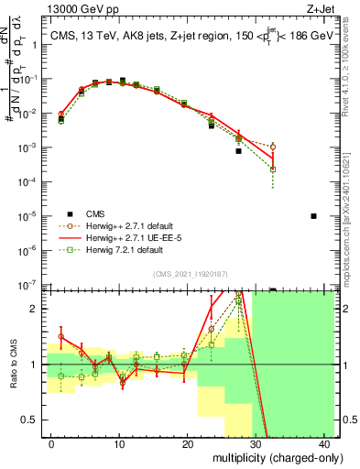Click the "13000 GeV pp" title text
coord(76,8)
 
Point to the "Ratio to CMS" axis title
coord(12,365)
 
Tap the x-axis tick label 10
coord(119,443)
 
